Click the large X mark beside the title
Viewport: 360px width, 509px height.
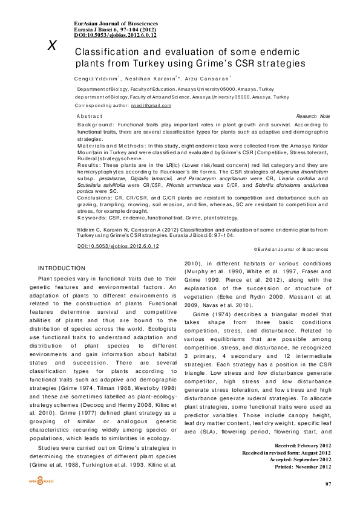coord(53,46)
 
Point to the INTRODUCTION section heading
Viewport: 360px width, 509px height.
coord(62,268)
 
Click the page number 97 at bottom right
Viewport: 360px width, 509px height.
coord(328,484)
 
